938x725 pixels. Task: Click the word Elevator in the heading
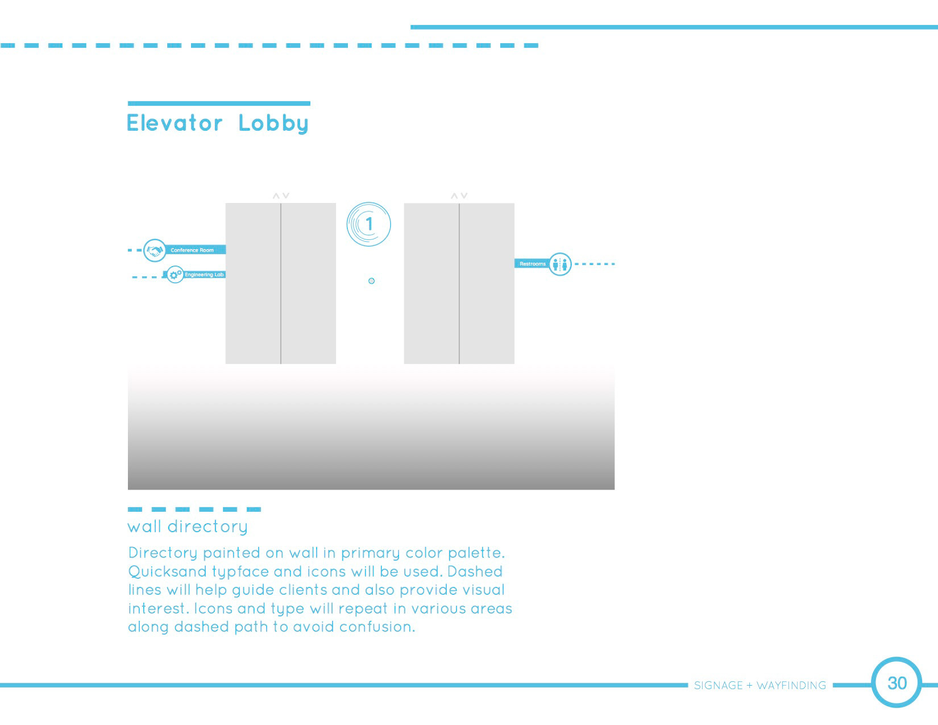175,123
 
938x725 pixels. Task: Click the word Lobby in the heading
273,123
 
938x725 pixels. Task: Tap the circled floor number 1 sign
369,224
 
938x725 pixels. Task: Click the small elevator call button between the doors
372,281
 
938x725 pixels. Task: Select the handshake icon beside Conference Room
155,250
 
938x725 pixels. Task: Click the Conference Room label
193,250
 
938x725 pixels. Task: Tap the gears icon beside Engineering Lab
175,275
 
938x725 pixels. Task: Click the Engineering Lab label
204,275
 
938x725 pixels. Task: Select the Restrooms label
532,264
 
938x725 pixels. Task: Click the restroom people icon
560,264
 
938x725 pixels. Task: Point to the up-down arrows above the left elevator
281,196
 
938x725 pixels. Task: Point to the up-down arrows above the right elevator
459,196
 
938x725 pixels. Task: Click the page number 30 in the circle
897,683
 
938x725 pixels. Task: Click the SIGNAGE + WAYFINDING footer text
760,686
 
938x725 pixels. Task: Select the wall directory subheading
188,527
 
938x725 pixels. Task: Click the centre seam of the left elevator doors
281,284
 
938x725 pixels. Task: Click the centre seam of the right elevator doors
459,284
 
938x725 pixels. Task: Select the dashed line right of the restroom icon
595,264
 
